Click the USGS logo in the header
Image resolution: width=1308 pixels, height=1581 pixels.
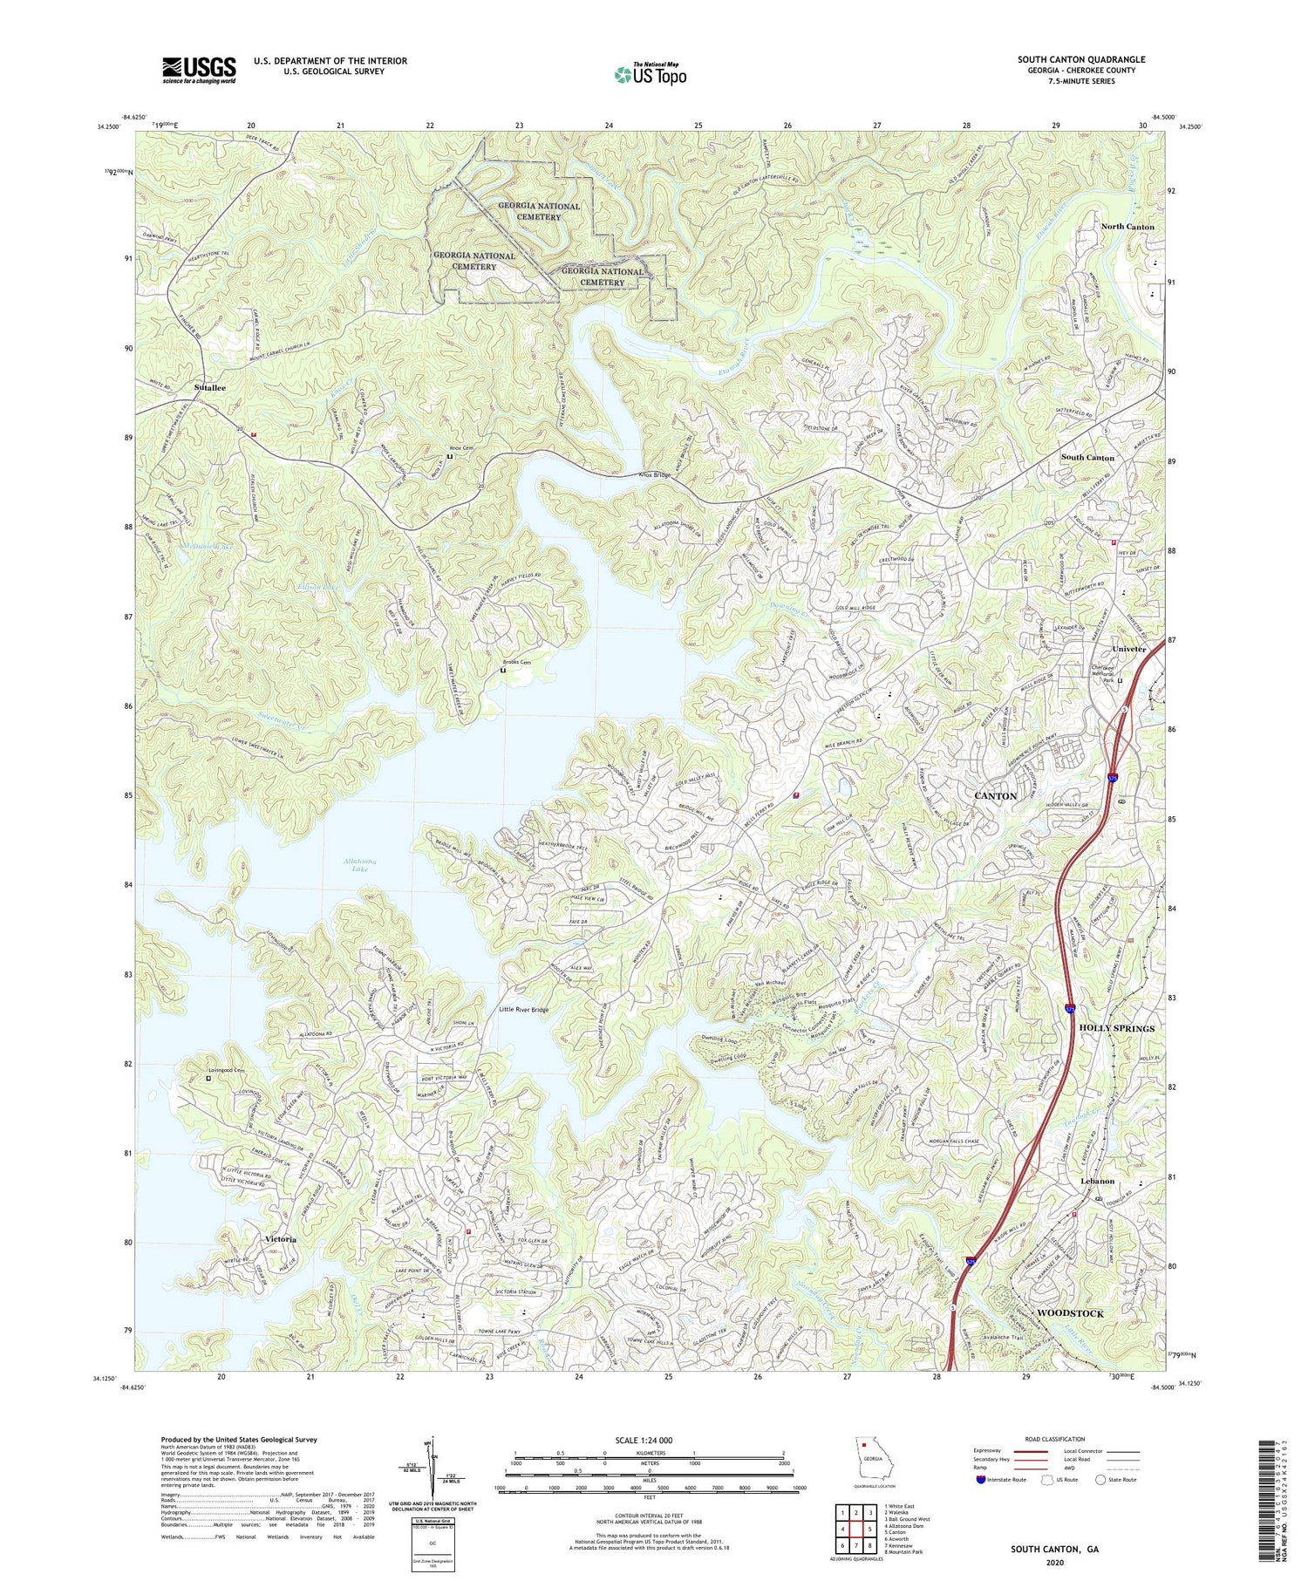tap(199, 70)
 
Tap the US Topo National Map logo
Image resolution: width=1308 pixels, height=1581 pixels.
tap(650, 74)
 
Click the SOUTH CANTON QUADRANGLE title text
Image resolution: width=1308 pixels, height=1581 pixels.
tap(1080, 59)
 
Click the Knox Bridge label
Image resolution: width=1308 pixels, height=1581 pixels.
tap(655, 475)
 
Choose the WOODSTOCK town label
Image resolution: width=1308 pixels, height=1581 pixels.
tap(1070, 1312)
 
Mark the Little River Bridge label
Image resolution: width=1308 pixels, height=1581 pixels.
tap(523, 1010)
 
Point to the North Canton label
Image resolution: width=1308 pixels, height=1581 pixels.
tap(1127, 227)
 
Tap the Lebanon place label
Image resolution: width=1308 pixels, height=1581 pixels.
tap(1097, 1181)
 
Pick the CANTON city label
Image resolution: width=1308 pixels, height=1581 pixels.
tap(995, 796)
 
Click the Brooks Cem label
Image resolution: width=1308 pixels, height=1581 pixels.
tap(516, 663)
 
